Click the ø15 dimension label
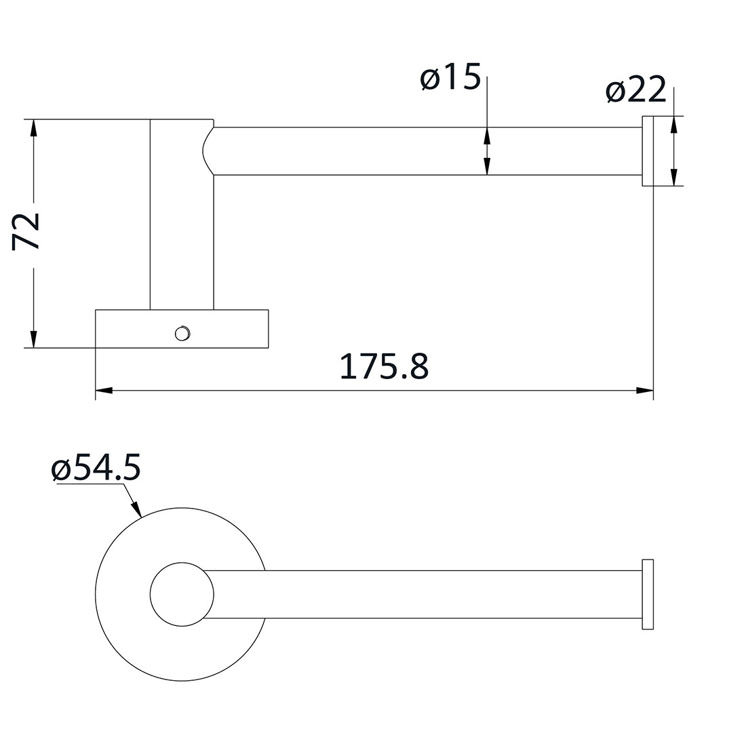(x=450, y=79)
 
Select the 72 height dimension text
(x=27, y=231)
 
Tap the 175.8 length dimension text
(x=384, y=367)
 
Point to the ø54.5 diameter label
(x=96, y=469)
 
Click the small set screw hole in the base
(x=181, y=332)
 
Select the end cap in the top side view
(x=648, y=151)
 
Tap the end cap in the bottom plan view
(x=648, y=594)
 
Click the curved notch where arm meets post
(x=207, y=151)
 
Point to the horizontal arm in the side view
(x=427, y=151)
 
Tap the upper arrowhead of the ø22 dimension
(x=673, y=125)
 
